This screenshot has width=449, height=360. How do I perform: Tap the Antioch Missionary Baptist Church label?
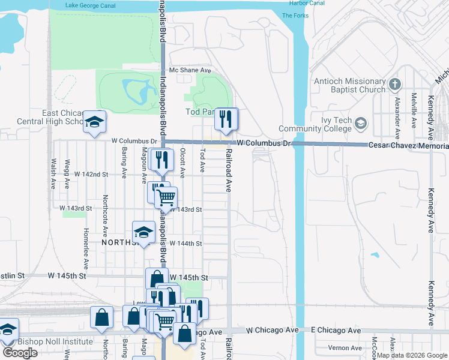(x=349, y=85)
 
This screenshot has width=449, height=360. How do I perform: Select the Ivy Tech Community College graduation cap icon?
(x=361, y=124)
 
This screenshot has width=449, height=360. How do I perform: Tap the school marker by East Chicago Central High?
(x=94, y=122)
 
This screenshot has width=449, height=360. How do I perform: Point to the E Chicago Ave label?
(x=336, y=331)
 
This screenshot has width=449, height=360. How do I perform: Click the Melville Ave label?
(x=414, y=110)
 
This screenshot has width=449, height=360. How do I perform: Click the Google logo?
(x=20, y=353)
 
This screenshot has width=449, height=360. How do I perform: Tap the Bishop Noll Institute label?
(x=55, y=342)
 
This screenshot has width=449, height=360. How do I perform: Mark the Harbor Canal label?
(x=307, y=3)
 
